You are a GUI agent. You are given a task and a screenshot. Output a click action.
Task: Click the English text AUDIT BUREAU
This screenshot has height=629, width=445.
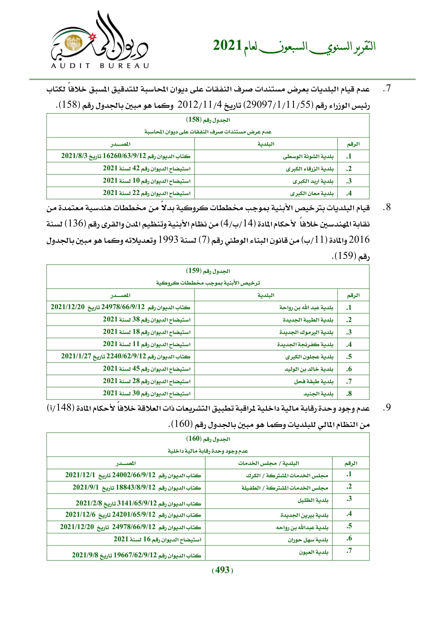pyautogui.click(x=100, y=66)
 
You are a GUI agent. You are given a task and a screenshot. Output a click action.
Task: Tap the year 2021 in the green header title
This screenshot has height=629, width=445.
pyautogui.click(x=227, y=45)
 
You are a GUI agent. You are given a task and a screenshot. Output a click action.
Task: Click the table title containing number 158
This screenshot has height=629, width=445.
pyautogui.click(x=208, y=120)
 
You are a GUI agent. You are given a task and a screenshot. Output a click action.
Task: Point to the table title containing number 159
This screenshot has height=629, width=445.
pyautogui.click(x=208, y=271)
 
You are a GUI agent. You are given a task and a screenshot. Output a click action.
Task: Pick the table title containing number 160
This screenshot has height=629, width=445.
pyautogui.click(x=208, y=439)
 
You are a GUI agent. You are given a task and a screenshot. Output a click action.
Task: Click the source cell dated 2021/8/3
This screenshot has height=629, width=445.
pyautogui.click(x=125, y=156)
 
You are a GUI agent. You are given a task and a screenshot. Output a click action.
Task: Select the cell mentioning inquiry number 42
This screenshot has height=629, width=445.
pyautogui.click(x=147, y=169)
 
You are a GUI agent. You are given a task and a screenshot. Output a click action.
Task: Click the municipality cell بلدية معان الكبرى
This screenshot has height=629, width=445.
pyautogui.click(x=312, y=193)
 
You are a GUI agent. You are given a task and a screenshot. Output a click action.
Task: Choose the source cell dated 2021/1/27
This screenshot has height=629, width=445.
pyautogui.click(x=125, y=356)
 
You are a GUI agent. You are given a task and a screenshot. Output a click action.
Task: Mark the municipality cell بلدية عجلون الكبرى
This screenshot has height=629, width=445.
pyautogui.click(x=309, y=357)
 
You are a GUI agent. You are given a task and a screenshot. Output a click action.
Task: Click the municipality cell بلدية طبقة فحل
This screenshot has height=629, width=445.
pyautogui.click(x=313, y=381)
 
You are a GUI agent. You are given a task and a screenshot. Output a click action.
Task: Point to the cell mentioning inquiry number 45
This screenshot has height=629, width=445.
pyautogui.click(x=147, y=369)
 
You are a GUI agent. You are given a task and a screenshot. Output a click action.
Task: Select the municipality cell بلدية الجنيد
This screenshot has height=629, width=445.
pyautogui.click(x=318, y=394)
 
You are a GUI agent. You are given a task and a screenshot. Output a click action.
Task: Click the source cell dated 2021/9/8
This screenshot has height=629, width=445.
pyautogui.click(x=136, y=555)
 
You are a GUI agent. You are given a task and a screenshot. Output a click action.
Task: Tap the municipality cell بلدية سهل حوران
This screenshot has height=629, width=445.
pyautogui.click(x=308, y=540)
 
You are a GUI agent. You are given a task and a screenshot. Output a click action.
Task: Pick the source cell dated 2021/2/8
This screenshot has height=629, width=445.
pyautogui.click(x=138, y=503)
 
